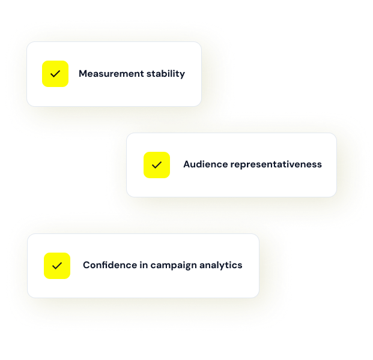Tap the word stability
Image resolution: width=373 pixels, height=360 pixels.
click(x=166, y=74)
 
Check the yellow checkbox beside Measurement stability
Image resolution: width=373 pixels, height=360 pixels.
click(x=55, y=74)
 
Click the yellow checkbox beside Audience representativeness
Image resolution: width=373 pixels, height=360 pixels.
click(x=157, y=165)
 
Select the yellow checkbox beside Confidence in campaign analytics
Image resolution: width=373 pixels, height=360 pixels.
click(x=57, y=266)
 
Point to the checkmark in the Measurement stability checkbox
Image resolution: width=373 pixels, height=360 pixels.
click(x=55, y=74)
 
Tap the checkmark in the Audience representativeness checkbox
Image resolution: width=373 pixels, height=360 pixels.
click(x=157, y=165)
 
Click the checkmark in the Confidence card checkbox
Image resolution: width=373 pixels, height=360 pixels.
click(x=57, y=266)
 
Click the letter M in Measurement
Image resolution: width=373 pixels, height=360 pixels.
click(x=83, y=74)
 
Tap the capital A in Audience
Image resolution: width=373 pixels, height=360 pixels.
click(x=187, y=164)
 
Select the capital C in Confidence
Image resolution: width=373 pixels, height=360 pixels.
click(x=86, y=265)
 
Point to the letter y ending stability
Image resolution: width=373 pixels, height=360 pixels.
click(x=183, y=76)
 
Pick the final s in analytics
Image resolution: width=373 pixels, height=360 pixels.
click(x=240, y=265)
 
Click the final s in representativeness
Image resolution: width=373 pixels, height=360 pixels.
click(x=320, y=164)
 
